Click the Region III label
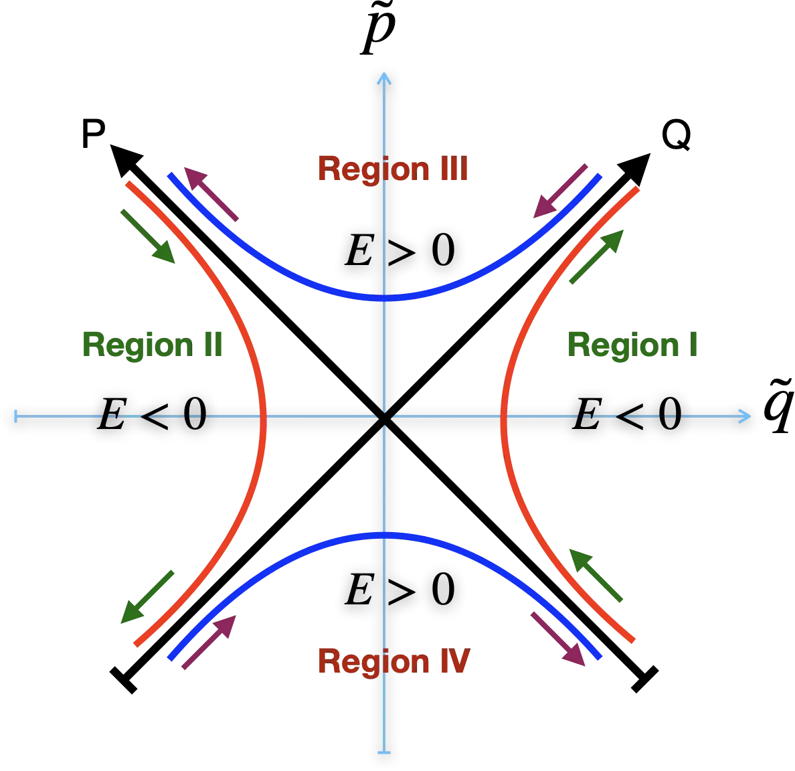393,169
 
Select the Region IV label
394,661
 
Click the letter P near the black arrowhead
93,133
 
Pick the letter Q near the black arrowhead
677,135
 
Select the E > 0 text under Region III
400,250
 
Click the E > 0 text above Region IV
400,589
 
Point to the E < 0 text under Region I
627,414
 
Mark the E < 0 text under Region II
152,414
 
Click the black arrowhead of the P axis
124,159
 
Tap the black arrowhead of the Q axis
636,167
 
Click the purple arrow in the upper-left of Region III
211,194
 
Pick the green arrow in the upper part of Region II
148,236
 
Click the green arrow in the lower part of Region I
596,575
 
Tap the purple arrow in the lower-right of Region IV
558,639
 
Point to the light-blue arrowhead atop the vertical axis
384,78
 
